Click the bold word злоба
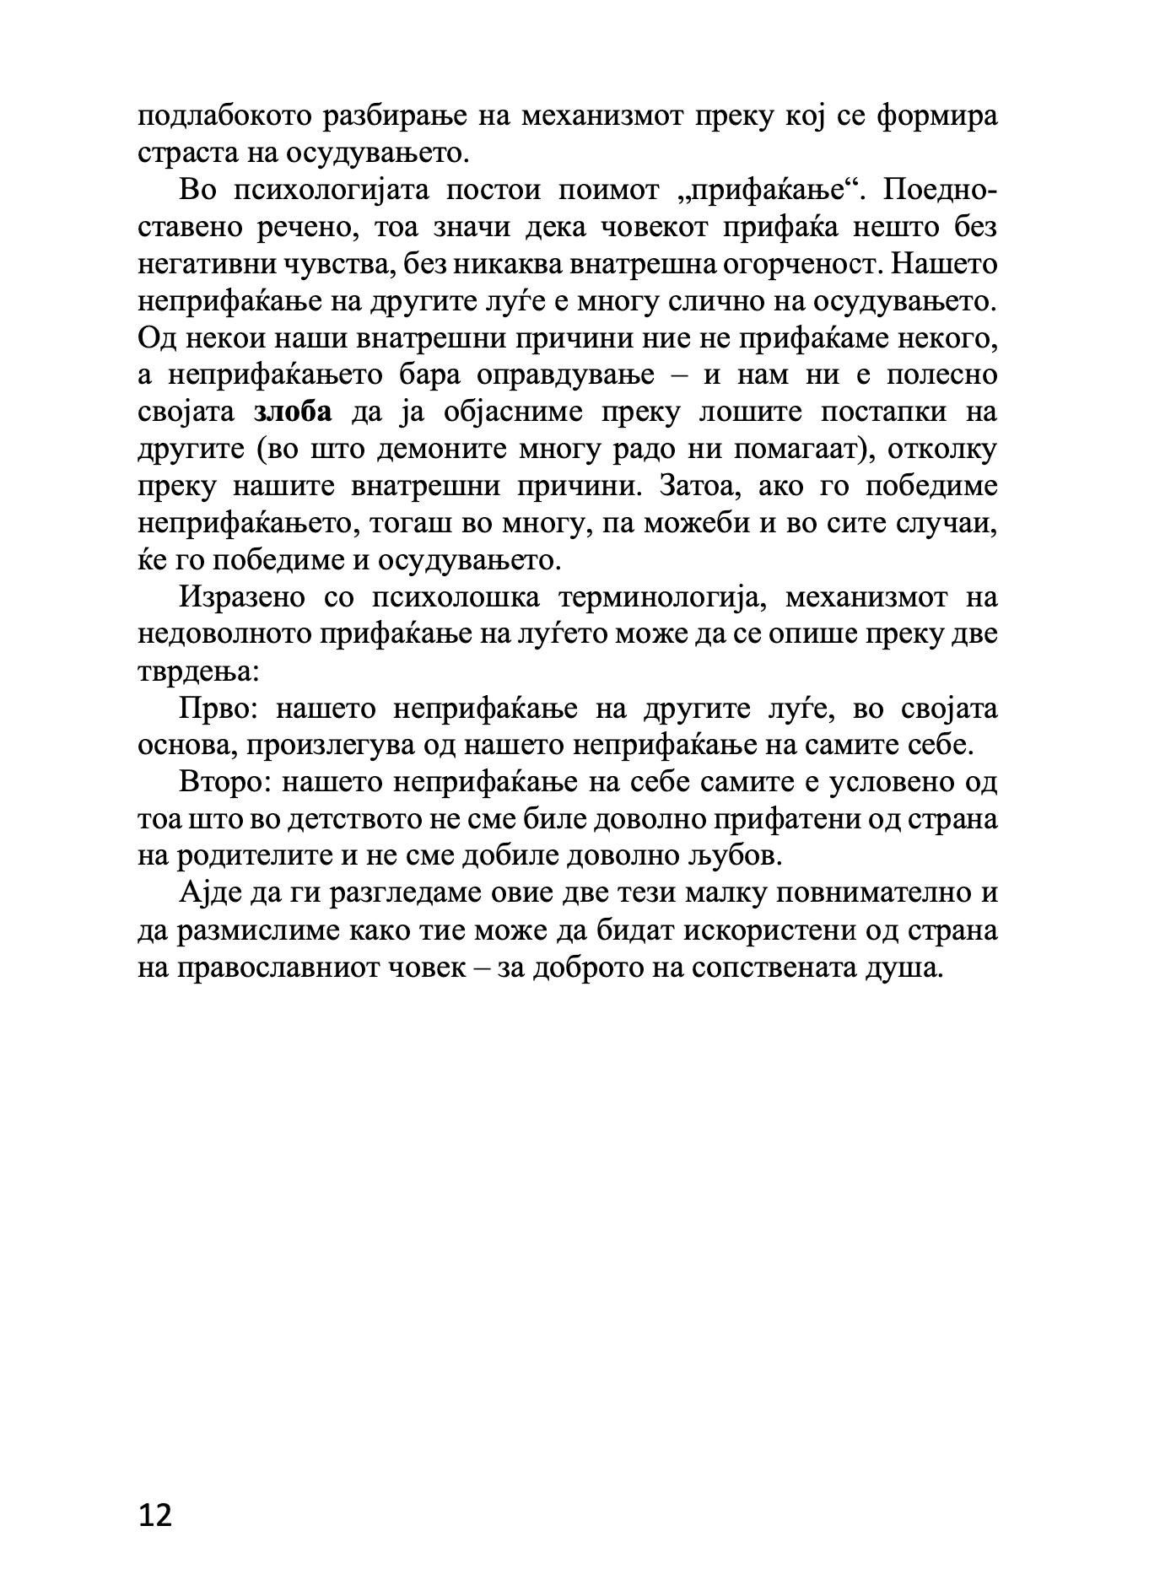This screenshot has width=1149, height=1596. click(x=293, y=412)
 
